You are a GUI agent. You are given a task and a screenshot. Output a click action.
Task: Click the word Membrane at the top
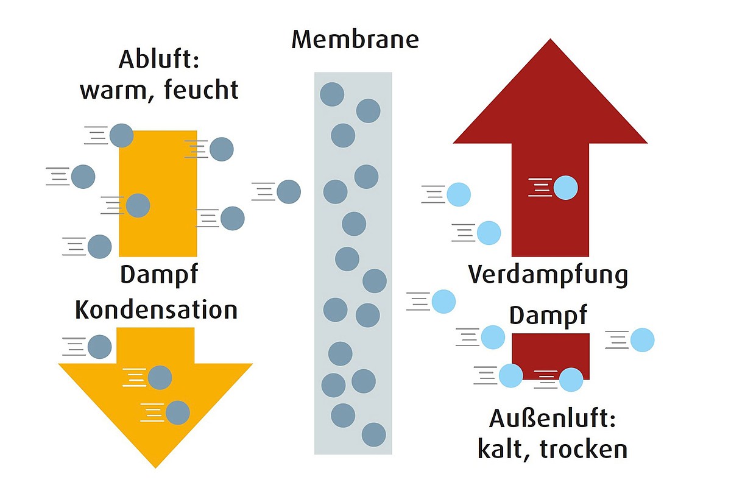pos(355,40)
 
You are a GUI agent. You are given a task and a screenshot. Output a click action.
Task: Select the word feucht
pos(201,89)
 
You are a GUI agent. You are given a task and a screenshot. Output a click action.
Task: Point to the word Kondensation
pos(156,309)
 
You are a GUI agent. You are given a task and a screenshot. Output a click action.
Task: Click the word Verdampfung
pos(548,275)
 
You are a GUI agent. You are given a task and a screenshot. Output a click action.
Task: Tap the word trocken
pos(584,449)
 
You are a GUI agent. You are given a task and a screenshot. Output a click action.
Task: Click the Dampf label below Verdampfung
pos(548,316)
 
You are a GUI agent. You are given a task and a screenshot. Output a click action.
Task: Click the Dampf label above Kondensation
pos(159,275)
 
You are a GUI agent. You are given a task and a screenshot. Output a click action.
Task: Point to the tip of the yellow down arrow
pos(155,468)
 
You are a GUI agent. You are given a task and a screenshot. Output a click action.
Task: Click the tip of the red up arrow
pos(550,39)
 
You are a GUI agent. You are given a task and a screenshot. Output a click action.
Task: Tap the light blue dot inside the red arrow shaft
pos(566,188)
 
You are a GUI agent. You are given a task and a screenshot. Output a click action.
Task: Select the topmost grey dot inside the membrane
pos(332,94)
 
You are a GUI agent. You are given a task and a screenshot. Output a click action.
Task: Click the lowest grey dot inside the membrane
pos(373,435)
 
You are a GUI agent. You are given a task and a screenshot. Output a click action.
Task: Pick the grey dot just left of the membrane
pos(289,192)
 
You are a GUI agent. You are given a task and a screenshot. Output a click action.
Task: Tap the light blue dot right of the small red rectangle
pos(642,340)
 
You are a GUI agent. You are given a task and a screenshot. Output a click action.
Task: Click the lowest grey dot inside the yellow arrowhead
pos(178,412)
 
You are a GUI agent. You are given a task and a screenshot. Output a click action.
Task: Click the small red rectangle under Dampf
pos(551,356)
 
